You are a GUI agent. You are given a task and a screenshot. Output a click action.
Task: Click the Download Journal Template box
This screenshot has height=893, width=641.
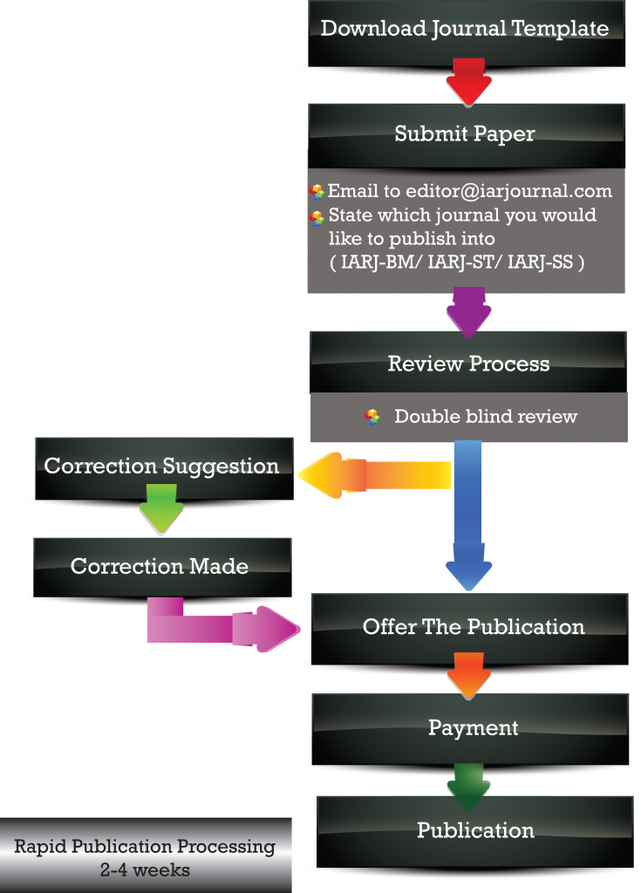tap(465, 30)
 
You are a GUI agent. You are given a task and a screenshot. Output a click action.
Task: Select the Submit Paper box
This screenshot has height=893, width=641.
tap(465, 134)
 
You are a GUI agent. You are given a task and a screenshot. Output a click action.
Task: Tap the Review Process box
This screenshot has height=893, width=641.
tap(468, 364)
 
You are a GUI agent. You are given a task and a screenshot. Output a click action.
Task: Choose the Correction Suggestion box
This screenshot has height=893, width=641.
tap(161, 467)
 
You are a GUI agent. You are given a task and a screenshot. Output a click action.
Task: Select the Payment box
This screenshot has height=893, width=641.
tap(473, 728)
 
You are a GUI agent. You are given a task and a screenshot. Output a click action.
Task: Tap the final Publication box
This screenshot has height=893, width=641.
tap(475, 830)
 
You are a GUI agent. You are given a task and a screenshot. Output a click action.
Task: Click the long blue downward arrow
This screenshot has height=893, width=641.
tap(468, 515)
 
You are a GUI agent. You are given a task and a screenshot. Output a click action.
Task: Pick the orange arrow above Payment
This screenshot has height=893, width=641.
tap(471, 675)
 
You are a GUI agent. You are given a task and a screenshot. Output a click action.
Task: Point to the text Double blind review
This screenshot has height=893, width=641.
tap(486, 417)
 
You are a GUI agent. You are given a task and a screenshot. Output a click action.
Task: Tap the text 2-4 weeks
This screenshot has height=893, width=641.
tap(145, 869)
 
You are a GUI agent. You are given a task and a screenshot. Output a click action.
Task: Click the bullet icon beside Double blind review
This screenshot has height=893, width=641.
tap(372, 417)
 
